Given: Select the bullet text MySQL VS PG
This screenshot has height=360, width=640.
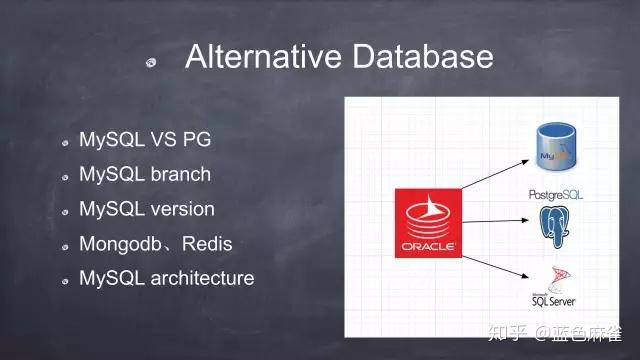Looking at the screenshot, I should tap(145, 139).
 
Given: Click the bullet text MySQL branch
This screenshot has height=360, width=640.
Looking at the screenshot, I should tap(145, 174).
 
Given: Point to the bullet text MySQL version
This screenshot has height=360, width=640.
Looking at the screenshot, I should tap(147, 209).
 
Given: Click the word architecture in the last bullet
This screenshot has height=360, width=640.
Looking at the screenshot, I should tap(202, 277).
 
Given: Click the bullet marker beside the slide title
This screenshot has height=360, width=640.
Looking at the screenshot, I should tap(151, 61).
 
